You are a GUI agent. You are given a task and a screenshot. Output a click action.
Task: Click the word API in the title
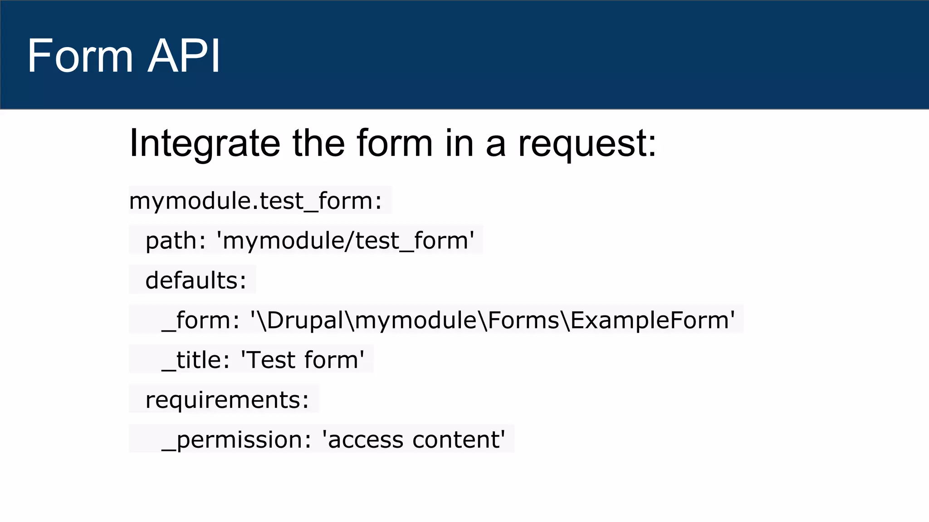[x=184, y=56]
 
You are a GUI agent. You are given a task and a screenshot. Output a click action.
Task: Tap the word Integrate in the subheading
[x=205, y=144]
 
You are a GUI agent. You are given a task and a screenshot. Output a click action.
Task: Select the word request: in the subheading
[x=587, y=144]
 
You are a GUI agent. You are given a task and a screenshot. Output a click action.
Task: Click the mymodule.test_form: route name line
[x=255, y=201]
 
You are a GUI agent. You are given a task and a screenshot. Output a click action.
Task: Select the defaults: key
[x=196, y=280]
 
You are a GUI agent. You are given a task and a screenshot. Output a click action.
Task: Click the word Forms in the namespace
[x=523, y=320]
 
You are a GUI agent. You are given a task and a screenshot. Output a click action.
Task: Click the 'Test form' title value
[x=302, y=360]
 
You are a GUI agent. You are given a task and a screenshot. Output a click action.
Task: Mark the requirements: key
[x=227, y=400]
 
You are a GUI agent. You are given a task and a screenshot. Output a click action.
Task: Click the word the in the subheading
[x=318, y=144]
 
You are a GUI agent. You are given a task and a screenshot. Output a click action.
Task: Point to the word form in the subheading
[x=395, y=144]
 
